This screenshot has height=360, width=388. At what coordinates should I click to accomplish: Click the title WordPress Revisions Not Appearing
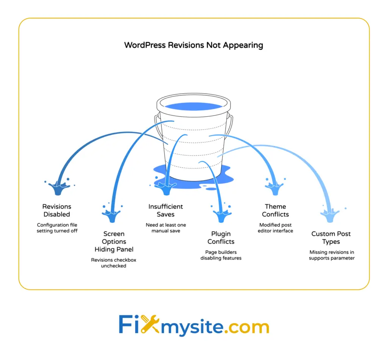[194, 45]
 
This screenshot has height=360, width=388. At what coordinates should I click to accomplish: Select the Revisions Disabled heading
[56, 210]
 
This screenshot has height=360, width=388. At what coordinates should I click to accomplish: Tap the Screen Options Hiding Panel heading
[114, 241]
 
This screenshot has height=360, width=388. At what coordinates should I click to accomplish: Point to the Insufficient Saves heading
[166, 210]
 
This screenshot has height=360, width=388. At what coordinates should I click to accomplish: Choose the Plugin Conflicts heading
[221, 238]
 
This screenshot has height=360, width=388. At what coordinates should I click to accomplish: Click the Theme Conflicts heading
[275, 210]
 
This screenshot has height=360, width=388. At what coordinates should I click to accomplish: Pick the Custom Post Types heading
[331, 238]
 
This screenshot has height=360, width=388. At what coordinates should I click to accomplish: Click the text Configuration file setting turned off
[56, 228]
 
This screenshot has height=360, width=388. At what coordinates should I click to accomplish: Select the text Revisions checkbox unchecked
[114, 263]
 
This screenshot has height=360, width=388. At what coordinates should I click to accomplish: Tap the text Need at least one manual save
[166, 228]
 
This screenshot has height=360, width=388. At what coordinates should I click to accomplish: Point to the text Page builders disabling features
[221, 255]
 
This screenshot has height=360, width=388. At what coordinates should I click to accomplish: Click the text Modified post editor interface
[275, 228]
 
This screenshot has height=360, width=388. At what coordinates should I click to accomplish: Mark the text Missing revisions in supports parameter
[332, 255]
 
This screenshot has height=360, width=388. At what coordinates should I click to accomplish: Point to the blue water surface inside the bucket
[193, 106]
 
